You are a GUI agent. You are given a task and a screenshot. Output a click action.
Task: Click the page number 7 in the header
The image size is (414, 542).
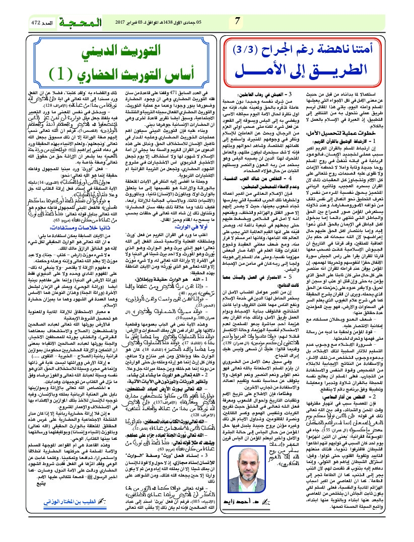click(237, 21)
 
